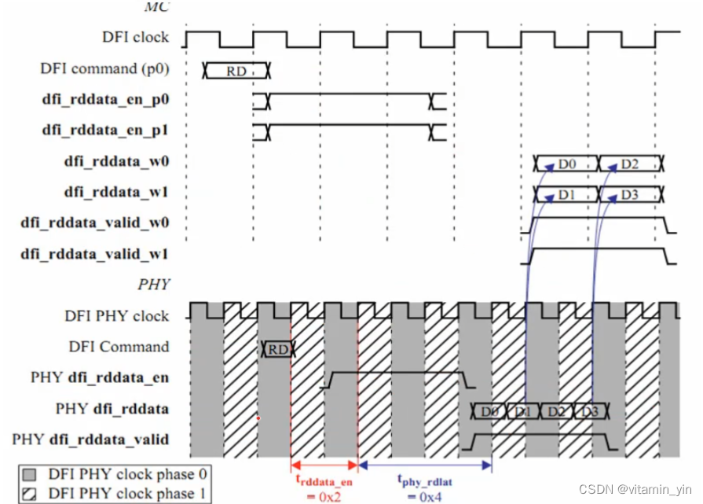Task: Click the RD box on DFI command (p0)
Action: [236, 71]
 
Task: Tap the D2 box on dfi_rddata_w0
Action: [630, 164]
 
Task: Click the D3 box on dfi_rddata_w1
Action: [630, 193]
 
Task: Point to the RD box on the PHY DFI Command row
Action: [277, 349]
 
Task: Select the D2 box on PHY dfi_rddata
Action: [556, 410]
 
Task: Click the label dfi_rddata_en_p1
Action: [106, 131]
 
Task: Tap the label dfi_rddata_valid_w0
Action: [95, 223]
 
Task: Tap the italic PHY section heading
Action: [155, 284]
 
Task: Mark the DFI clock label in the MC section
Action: [135, 37]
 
